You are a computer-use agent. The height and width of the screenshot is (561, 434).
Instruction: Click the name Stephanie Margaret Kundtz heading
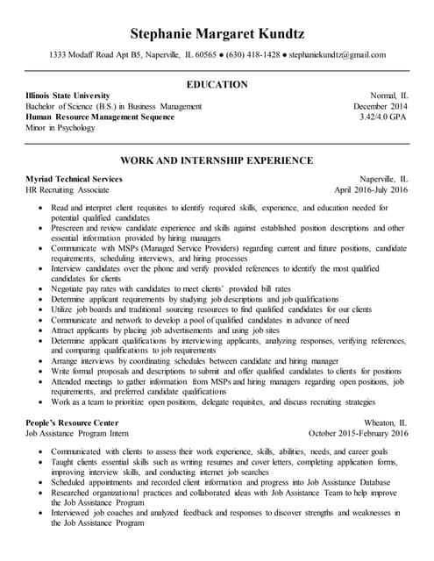pos(217,34)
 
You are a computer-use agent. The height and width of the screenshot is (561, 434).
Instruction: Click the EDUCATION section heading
pos(217,84)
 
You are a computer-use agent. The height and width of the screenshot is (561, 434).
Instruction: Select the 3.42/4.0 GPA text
pos(383,117)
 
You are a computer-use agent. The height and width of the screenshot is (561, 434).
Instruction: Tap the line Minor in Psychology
pos(60,128)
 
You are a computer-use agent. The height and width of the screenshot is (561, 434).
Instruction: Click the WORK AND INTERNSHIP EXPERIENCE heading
pos(217,160)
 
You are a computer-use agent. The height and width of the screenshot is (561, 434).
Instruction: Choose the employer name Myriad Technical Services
pos(75,178)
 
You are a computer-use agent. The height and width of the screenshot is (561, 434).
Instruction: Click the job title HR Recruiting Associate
pos(68,189)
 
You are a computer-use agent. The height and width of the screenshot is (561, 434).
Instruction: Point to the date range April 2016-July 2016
pos(371,189)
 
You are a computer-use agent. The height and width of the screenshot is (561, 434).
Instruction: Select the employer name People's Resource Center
pos(75,422)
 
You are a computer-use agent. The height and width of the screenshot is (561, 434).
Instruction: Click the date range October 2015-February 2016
pos(359,433)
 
